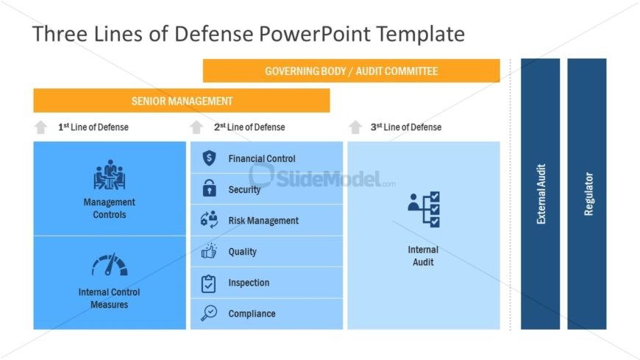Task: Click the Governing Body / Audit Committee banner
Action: (351, 71)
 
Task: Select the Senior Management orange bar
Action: (182, 101)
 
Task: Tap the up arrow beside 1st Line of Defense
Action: (40, 127)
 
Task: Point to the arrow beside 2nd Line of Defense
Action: (196, 127)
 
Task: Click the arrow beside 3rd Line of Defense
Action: (355, 127)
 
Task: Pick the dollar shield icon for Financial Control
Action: (209, 158)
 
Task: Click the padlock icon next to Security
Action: (209, 189)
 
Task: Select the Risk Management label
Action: (263, 221)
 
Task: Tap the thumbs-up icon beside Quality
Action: (209, 252)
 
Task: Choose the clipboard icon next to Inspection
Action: (209, 283)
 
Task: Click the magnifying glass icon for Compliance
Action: (209, 314)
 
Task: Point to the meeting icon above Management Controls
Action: (110, 174)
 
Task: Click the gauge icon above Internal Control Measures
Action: (110, 265)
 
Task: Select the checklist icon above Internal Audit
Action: (424, 210)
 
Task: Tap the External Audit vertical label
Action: (541, 194)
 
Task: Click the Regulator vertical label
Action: (589, 194)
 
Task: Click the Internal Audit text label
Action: (423, 256)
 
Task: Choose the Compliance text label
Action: (252, 314)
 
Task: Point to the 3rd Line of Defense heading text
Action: (406, 127)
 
